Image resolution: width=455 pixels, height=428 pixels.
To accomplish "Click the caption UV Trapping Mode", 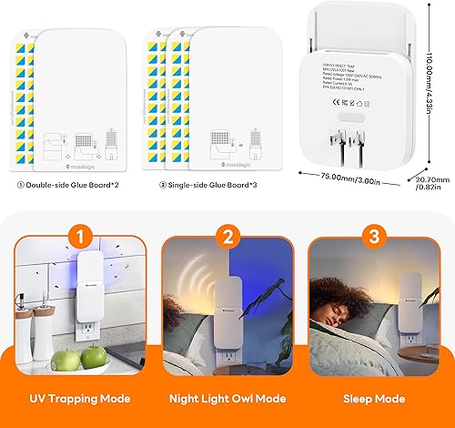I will pos(79,398).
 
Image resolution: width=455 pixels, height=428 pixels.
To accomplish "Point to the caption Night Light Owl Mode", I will pos(227,398).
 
